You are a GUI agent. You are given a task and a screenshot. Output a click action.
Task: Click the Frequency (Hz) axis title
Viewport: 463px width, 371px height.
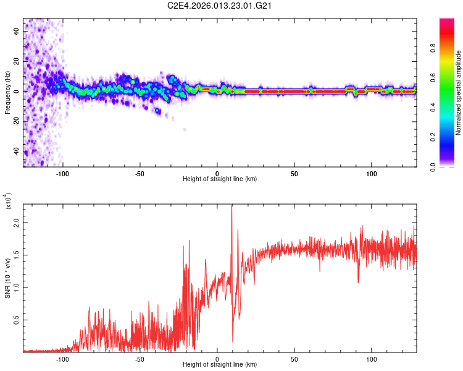[7, 93]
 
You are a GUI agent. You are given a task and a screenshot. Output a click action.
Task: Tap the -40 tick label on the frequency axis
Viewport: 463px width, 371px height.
[17, 152]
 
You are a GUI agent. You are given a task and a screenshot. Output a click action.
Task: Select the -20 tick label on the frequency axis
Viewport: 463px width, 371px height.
[17, 122]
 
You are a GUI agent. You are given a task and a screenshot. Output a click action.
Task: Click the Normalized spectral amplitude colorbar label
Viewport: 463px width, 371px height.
[459, 93]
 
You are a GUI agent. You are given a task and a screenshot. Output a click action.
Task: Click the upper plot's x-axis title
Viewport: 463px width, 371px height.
[220, 179]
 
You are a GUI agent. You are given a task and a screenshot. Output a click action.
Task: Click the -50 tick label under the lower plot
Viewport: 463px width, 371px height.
[140, 358]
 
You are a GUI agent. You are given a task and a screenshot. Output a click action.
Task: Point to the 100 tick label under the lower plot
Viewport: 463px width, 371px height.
[372, 358]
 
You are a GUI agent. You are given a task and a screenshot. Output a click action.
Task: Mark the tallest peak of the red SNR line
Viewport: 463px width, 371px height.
[232, 206]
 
